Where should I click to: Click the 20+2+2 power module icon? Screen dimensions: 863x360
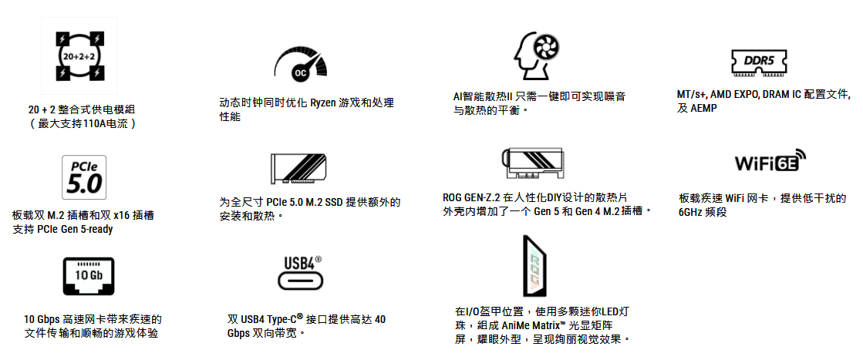pos(79,56)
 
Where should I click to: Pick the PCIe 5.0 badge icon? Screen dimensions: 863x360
pos(83,177)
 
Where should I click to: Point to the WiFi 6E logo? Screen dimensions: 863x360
pos(770,162)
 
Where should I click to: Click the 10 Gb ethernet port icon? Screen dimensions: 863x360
pos(88,276)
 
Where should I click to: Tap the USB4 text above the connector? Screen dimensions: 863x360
pos(299,262)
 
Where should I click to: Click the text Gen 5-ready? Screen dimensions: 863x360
pos(90,230)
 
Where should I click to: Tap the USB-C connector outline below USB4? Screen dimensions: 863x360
pos(299,281)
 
